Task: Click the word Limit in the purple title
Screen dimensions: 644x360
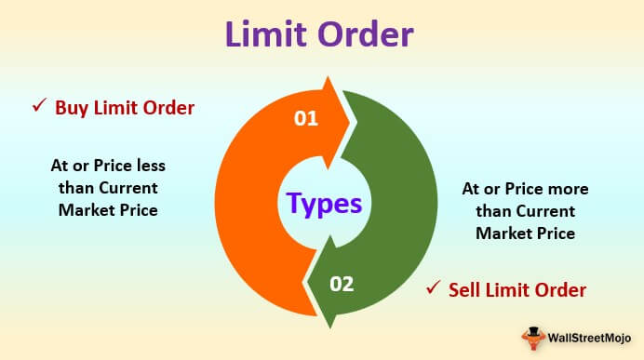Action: tap(268, 34)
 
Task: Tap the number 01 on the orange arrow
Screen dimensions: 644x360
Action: tap(306, 119)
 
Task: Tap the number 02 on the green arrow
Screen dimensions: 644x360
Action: tap(342, 284)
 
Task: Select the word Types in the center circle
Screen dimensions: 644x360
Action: tap(325, 204)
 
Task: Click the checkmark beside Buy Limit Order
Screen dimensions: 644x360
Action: tap(39, 105)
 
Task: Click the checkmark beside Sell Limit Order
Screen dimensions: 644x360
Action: tap(434, 287)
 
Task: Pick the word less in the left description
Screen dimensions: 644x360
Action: tap(151, 166)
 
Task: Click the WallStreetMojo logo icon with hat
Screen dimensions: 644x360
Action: tap(533, 339)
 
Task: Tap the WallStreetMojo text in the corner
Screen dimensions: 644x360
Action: tap(589, 339)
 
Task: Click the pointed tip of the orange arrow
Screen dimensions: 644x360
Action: tap(350, 122)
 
